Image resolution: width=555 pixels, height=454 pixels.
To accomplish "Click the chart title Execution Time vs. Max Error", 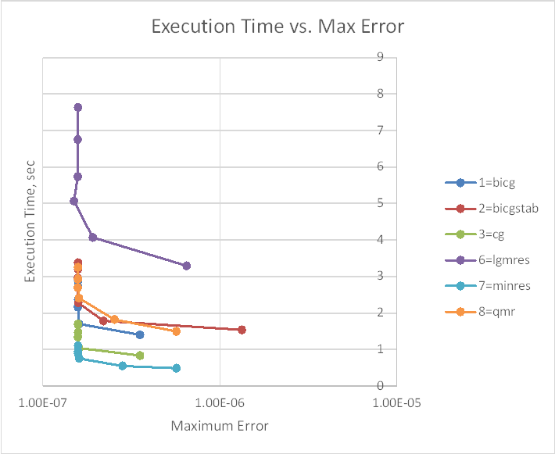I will pos(277,27).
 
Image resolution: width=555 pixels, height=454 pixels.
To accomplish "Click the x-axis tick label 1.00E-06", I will pos(220,403).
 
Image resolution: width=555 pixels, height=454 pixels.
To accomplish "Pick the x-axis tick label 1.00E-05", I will pos(396,403).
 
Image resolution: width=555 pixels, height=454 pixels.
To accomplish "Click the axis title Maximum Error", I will pos(220,427).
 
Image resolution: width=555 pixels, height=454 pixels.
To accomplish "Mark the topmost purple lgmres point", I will pos(78,107).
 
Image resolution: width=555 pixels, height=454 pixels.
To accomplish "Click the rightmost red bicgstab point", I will pos(242,330).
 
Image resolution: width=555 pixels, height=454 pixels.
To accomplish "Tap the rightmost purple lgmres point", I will pos(186,266).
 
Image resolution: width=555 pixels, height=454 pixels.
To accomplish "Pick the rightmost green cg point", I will pos(140,356).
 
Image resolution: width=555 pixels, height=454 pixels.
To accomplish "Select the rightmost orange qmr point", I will pos(177,331).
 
